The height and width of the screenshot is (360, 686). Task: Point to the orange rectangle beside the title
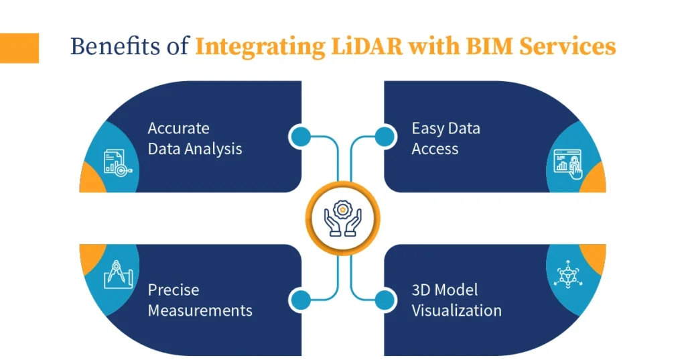[x=19, y=48]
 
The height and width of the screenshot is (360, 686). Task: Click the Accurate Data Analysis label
[x=194, y=138]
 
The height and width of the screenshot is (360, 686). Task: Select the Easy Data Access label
[x=445, y=138]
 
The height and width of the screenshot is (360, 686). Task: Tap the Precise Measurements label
[x=200, y=300]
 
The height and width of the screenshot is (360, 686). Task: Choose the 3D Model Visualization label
[x=456, y=300]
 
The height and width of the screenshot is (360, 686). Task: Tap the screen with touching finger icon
[x=567, y=164]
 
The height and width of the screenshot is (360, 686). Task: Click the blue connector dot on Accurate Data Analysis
[x=301, y=137]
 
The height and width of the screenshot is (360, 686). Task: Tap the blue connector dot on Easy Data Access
[x=384, y=137]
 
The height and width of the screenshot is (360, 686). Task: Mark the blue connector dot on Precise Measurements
[x=301, y=300]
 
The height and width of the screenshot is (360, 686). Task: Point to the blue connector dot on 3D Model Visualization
[x=384, y=300]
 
